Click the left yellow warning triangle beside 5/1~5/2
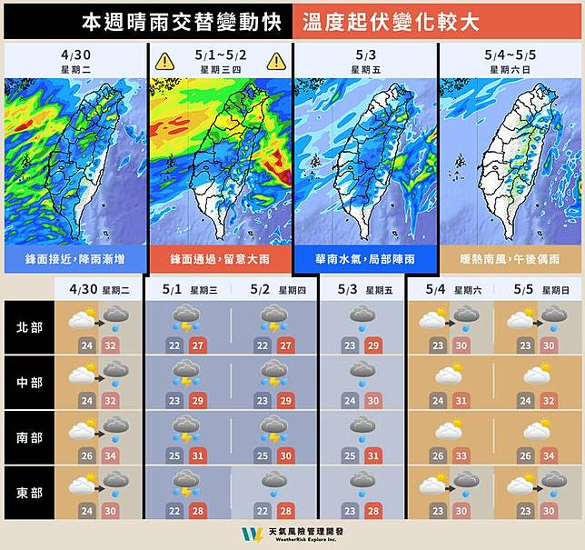164,62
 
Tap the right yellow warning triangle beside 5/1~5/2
276,62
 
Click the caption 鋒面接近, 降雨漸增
75,260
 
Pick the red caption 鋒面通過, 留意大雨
220,260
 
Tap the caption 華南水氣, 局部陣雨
364,260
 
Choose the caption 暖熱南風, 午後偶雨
509,260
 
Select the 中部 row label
28,380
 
